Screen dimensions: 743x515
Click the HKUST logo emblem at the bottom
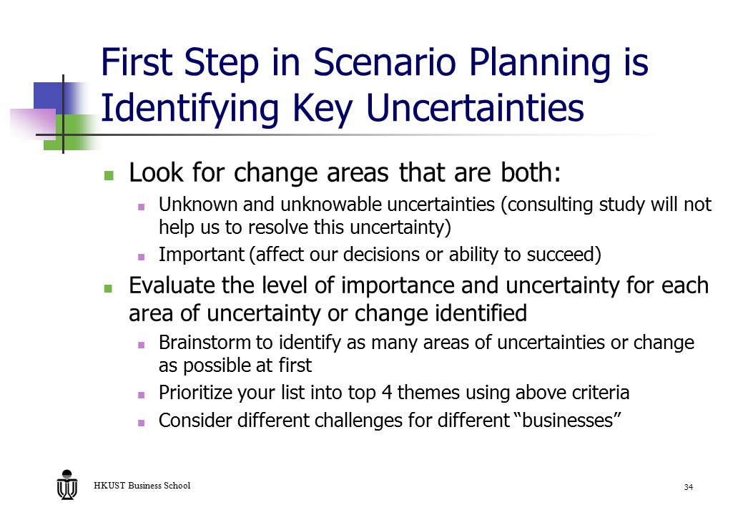[67, 485]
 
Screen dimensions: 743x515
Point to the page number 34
[688, 487]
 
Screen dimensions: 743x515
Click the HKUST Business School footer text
[142, 485]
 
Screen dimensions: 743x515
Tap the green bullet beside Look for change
[109, 175]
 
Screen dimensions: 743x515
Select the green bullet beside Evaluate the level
[109, 288]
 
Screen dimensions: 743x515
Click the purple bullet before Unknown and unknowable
[141, 207]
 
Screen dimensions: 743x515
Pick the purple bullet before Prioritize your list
[141, 395]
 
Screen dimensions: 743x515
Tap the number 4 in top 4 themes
[386, 392]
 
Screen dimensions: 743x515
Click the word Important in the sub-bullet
[202, 255]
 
